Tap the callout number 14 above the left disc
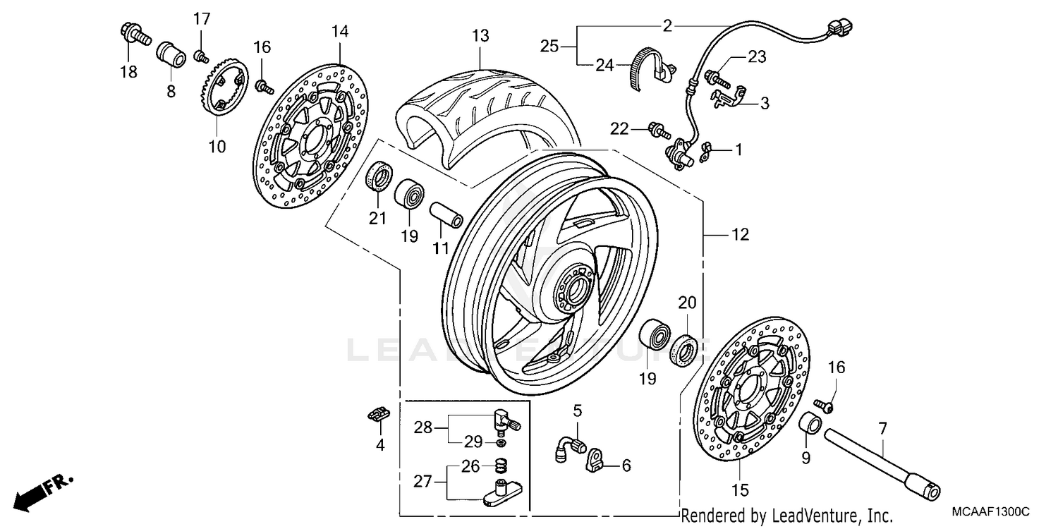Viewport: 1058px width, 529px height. [x=340, y=31]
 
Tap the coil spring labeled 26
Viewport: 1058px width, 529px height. [x=499, y=466]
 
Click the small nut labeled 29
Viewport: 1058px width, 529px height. [x=499, y=444]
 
